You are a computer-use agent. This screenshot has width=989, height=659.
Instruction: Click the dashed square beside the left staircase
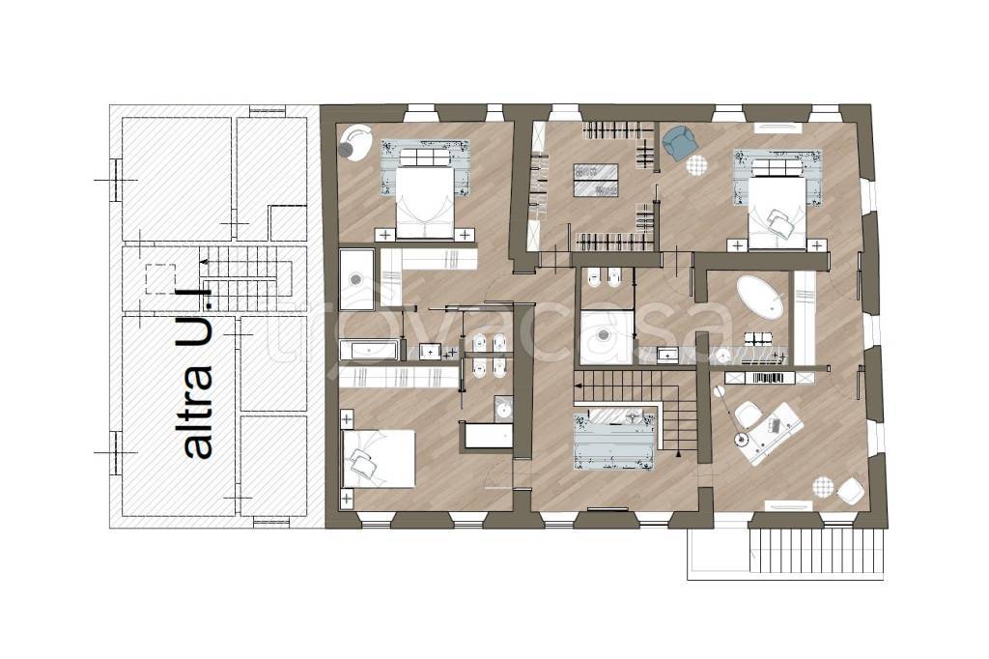(x=160, y=279)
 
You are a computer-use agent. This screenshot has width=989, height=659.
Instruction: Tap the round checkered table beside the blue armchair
(x=697, y=165)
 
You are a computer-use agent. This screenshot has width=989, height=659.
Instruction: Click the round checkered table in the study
(x=823, y=487)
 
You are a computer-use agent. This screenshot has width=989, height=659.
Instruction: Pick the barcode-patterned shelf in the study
(x=769, y=378)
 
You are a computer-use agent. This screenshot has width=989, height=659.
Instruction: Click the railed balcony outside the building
(x=785, y=552)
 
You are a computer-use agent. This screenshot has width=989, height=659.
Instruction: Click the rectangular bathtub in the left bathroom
(x=369, y=351)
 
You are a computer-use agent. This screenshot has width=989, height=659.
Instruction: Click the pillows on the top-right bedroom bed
(x=781, y=223)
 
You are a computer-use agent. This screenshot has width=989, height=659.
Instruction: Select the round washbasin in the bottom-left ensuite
(x=502, y=411)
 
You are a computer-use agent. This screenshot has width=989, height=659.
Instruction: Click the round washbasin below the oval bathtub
(x=723, y=357)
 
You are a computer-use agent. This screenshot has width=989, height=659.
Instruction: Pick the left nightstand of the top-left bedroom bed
(x=384, y=235)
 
